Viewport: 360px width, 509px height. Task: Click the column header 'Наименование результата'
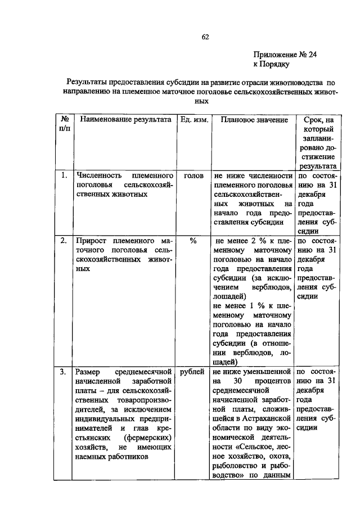[x=125, y=120]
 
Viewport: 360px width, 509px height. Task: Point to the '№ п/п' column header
[x=65, y=124]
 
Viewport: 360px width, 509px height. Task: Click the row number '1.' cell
[x=65, y=175]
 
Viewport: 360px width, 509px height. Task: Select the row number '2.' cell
[x=65, y=240]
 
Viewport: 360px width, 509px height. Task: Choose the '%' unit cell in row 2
[x=193, y=240]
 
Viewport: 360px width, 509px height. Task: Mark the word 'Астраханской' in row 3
[x=270, y=419]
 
